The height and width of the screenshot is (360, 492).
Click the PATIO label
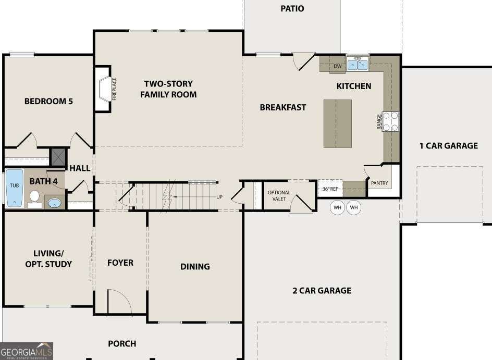click(292, 9)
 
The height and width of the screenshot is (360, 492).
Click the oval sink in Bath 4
click(53, 202)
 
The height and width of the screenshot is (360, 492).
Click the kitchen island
click(337, 123)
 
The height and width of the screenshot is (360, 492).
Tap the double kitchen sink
click(358, 65)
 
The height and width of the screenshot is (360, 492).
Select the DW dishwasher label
click(337, 66)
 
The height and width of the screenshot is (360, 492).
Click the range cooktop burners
click(391, 121)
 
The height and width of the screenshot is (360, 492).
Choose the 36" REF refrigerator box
click(330, 189)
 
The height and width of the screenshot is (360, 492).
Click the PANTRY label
click(379, 183)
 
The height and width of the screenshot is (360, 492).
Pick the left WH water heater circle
click(338, 208)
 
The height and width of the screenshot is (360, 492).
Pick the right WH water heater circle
click(354, 208)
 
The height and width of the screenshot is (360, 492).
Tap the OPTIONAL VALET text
click(279, 196)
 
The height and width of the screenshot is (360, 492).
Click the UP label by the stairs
click(219, 197)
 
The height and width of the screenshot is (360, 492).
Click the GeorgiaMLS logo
click(27, 351)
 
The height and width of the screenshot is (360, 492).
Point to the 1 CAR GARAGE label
click(448, 146)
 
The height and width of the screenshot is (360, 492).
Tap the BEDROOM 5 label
click(48, 101)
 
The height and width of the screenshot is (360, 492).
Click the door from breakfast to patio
click(303, 61)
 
